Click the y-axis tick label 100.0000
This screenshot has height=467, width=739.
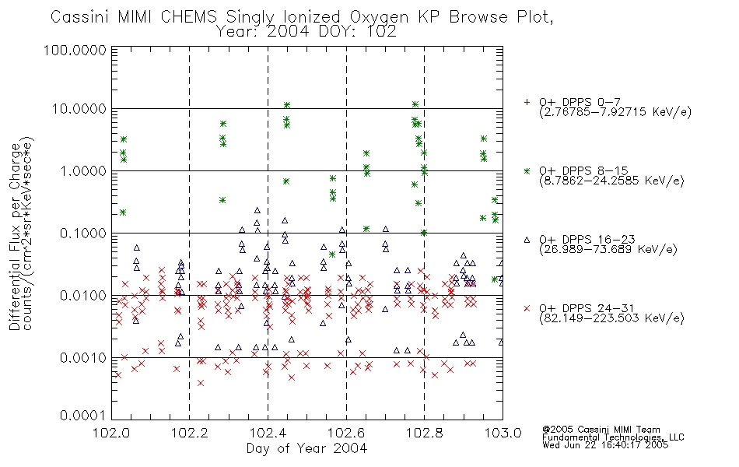[75, 50]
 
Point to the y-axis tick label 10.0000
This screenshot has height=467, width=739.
[79, 109]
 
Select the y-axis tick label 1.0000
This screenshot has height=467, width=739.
[83, 170]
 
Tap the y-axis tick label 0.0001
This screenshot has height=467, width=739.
[83, 415]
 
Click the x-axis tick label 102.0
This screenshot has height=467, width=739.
[111, 433]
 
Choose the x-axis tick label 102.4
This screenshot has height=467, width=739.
[268, 433]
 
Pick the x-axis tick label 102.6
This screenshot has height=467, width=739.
[346, 433]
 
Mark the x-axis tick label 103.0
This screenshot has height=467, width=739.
[503, 433]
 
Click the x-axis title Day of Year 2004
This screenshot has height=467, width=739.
[306, 448]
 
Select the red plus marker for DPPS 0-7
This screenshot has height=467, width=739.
[527, 102]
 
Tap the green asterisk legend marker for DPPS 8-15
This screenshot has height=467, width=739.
[527, 170]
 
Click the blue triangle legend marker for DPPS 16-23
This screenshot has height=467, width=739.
[527, 240]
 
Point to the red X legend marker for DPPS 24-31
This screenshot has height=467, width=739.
[527, 308]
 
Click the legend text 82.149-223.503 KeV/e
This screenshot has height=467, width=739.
[611, 318]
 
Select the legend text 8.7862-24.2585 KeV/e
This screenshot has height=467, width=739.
[611, 181]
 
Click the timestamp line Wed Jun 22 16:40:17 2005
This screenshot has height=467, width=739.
[605, 445]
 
